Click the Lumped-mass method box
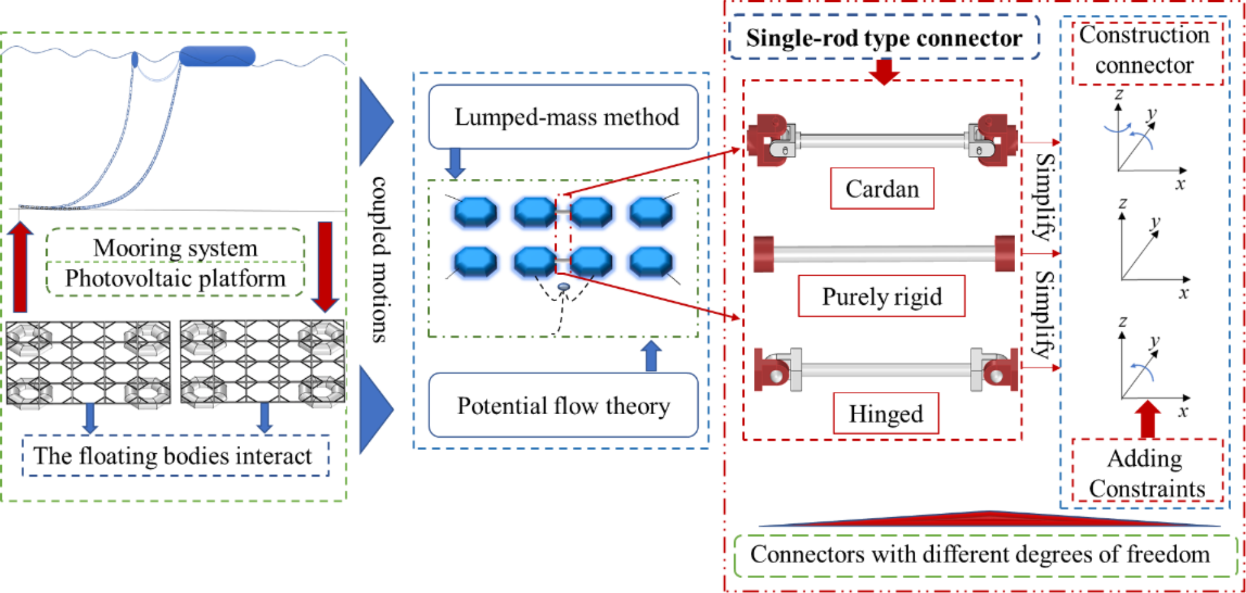pos(563,117)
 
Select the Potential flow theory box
pos(563,405)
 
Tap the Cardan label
pos(882,189)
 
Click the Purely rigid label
pos(881,296)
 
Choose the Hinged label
pos(885,414)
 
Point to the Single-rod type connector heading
pos(884,38)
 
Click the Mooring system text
pos(176,248)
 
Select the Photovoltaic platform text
pos(176,278)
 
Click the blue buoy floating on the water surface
pos(217,57)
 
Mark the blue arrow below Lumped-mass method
pos(455,163)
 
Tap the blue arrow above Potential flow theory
pos(651,356)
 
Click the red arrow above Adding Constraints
pos(1148,420)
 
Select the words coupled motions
pos(380,259)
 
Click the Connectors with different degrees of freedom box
pos(985,555)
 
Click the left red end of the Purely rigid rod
pos(764,253)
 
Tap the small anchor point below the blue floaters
pos(563,287)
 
